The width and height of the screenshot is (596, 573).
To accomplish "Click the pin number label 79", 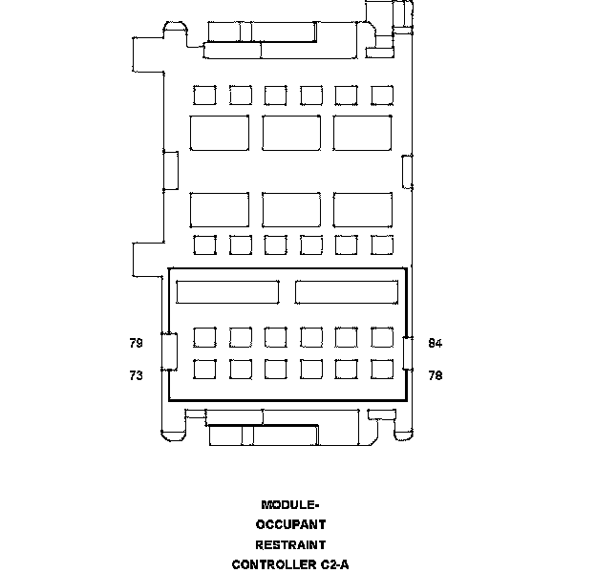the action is click(136, 343).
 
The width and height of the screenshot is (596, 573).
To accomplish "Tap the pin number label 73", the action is click(136, 376).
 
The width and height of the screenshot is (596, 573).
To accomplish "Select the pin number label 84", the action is click(436, 343).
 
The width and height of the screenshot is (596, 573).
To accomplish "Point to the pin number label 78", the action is click(436, 376).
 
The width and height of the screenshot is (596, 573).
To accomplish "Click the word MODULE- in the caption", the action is click(291, 505).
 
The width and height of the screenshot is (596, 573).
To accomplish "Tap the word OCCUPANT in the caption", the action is click(291, 524).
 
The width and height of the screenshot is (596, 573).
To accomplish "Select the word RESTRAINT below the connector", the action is click(291, 544).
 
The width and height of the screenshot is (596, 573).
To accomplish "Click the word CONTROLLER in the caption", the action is click(272, 564).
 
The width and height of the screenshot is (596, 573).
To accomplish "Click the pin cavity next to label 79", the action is click(204, 337).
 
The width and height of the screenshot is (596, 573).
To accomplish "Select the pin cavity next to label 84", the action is click(382, 337).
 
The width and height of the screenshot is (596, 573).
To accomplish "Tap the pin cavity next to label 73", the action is click(204, 370).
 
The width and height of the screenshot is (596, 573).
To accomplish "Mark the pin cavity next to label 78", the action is click(382, 370).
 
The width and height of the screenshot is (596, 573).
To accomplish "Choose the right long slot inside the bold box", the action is click(347, 292).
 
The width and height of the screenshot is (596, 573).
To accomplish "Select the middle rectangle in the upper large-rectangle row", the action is click(291, 133).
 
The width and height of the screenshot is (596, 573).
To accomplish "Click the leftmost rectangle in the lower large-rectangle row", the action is click(220, 209).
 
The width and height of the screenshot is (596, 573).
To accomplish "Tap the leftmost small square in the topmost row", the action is click(204, 95).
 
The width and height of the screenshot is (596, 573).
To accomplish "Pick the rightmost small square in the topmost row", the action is click(382, 95).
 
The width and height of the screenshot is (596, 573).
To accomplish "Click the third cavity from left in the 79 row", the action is click(276, 337).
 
